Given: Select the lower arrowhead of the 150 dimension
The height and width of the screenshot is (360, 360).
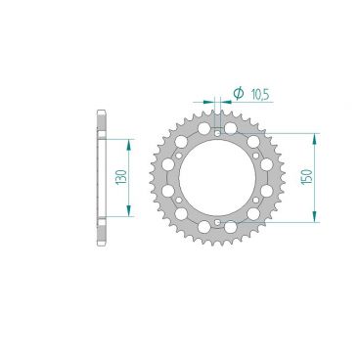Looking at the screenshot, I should [x=313, y=220].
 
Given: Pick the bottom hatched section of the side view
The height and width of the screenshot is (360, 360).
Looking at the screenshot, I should [x=101, y=231].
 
